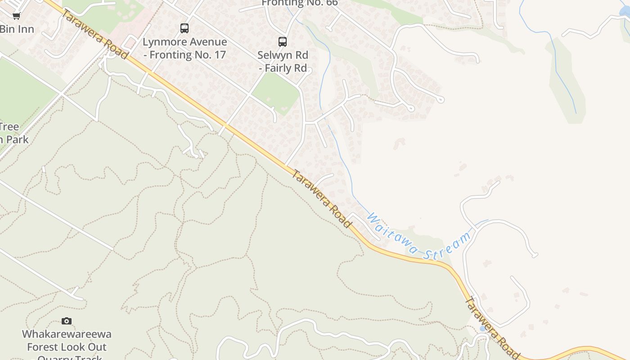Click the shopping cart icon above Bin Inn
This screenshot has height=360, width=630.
coord(16,16)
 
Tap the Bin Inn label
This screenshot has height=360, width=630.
coord(17,29)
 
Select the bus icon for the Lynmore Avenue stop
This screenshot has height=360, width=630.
coord(184,28)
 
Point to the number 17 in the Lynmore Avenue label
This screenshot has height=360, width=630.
coord(220,55)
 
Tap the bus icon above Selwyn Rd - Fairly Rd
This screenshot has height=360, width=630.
coord(283,42)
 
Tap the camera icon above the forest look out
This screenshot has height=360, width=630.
coord(67,321)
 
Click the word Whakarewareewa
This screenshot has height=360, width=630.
coord(67,334)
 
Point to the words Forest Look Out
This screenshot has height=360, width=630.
coord(67,347)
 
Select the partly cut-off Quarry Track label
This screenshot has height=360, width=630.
coord(70,357)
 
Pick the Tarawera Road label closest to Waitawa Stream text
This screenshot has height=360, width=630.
coord(321,198)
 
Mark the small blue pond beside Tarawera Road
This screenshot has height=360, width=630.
coord(482,328)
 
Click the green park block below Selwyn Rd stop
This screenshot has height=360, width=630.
coord(276,93)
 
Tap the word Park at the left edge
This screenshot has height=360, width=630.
coord(18,139)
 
